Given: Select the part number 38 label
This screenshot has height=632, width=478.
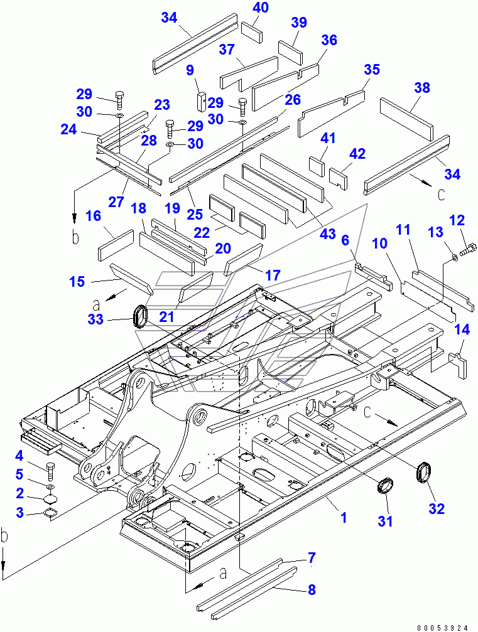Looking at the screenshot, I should (422, 88).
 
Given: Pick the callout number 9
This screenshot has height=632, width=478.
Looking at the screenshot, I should (190, 71).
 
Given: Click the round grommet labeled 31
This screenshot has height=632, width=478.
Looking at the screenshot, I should (384, 486).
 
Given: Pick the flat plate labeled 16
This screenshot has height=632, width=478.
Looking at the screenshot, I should (116, 245).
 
